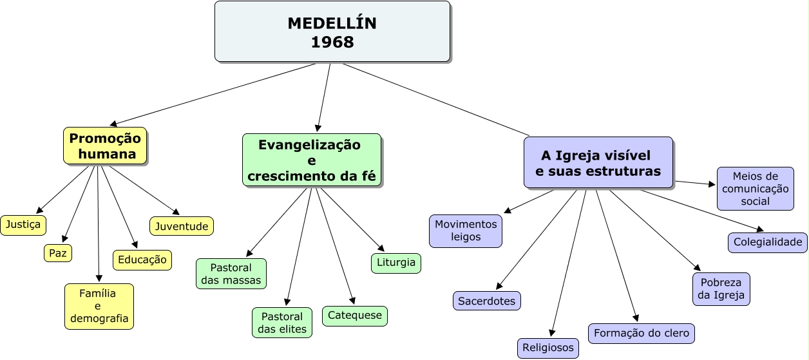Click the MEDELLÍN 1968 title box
click(x=332, y=32)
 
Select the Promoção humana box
click(x=105, y=146)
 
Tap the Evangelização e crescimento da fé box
click(x=311, y=160)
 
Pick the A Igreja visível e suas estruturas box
click(x=598, y=163)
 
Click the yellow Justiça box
click(x=23, y=225)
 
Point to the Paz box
click(x=58, y=253)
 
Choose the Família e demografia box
click(x=99, y=307)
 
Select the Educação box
click(x=142, y=260)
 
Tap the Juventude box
click(x=182, y=226)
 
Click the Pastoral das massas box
click(x=231, y=274)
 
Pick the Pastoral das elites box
click(x=282, y=323)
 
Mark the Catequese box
click(x=355, y=316)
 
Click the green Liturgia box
click(x=396, y=263)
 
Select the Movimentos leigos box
click(x=466, y=231)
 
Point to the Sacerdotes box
click(x=487, y=301)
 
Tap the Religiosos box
click(x=548, y=348)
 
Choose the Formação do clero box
click(x=642, y=333)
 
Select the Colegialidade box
click(x=768, y=242)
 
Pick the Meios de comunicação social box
click(x=756, y=189)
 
